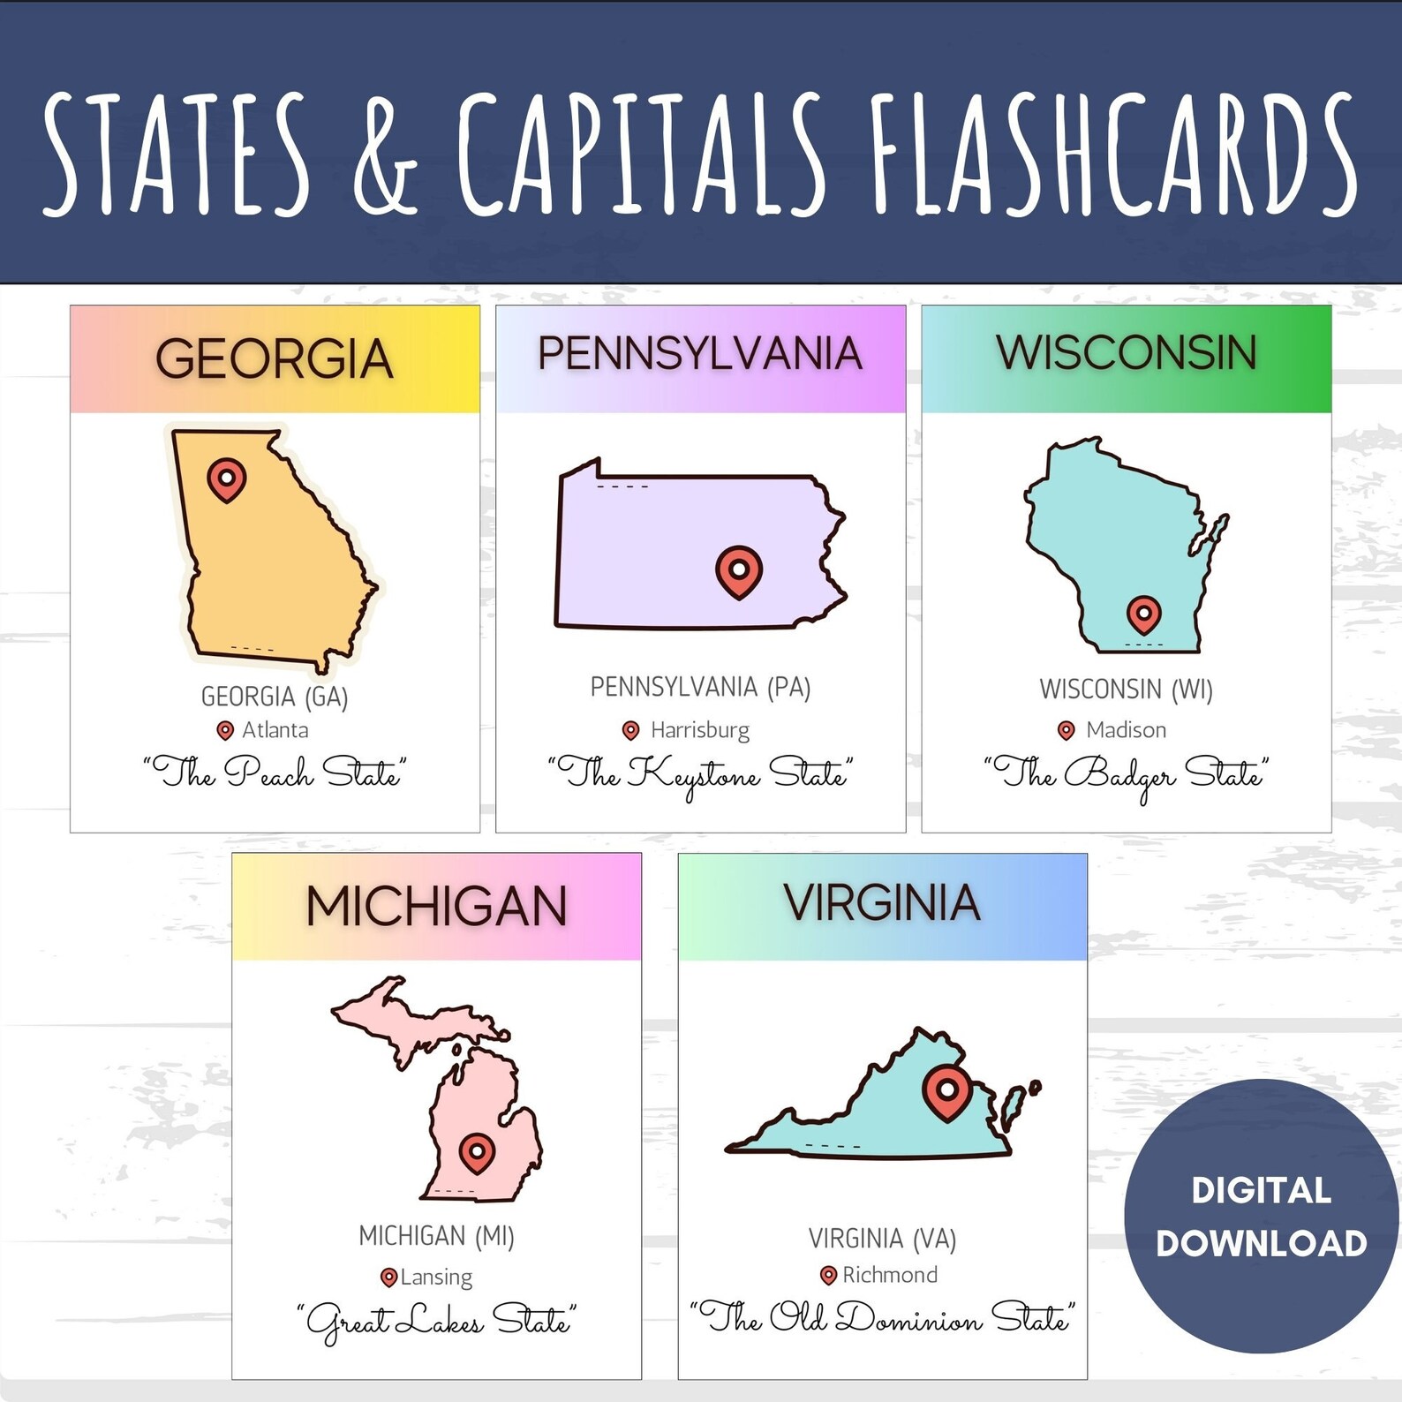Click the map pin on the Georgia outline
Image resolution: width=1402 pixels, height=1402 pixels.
[226, 479]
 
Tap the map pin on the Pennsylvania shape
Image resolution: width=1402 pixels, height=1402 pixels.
[738, 571]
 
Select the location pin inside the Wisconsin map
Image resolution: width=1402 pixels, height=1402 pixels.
[1143, 614]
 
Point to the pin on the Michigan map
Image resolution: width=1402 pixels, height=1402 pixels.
[477, 1152]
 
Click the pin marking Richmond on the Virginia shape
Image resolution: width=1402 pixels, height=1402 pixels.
[946, 1092]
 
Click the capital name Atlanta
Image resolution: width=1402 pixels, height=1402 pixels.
[275, 730]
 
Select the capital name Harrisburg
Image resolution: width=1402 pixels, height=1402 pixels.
[700, 730]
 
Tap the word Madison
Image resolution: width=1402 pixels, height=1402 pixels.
[1126, 730]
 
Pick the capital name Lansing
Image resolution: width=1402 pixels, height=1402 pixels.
[437, 1277]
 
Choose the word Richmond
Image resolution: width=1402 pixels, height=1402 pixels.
[890, 1275]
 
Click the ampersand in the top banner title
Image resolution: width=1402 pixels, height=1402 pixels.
[385, 156]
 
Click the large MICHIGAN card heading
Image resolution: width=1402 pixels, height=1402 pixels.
[436, 907]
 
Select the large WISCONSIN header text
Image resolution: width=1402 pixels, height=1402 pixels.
[1127, 353]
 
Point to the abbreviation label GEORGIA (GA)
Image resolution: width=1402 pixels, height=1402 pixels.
[275, 697]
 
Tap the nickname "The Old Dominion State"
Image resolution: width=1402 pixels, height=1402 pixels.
[882, 1318]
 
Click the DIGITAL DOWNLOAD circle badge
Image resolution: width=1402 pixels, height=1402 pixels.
[1261, 1216]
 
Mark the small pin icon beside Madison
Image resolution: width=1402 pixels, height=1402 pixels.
[1067, 730]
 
